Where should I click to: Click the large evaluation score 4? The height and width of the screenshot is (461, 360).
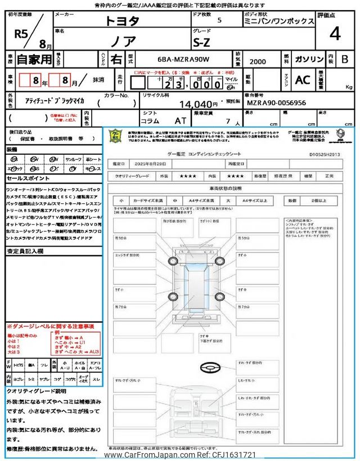[335, 34]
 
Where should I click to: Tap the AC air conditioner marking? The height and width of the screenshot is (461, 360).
[303, 80]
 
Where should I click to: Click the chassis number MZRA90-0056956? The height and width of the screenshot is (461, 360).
[277, 104]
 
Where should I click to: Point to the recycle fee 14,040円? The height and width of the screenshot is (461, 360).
[198, 104]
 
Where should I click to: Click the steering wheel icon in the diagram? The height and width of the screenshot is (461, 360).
[209, 366]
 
